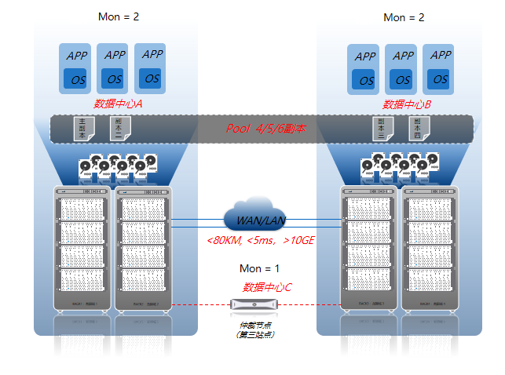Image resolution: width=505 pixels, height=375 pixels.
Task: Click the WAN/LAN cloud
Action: (x=254, y=215)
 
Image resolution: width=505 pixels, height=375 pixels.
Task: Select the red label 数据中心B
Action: (x=407, y=104)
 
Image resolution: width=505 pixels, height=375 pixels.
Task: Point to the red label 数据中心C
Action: (x=267, y=287)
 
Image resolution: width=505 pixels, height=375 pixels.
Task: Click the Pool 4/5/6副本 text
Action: (x=265, y=129)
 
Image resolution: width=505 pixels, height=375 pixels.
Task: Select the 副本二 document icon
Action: (x=119, y=129)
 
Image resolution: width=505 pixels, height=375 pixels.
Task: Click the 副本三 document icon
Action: (x=382, y=129)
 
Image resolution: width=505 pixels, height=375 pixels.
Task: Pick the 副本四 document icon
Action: (x=419, y=129)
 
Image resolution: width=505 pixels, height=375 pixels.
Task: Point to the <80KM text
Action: (x=222, y=239)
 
